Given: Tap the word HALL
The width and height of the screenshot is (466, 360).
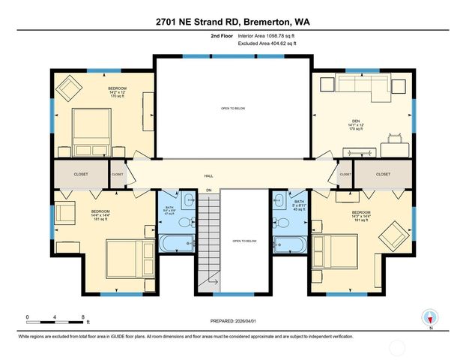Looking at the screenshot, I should coord(209,175).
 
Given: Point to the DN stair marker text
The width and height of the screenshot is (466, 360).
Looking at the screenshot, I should coord(209,190).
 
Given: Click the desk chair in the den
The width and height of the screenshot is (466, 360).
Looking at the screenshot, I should coord(394,138).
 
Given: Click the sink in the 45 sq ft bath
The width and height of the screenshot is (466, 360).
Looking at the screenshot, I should coord(278,199).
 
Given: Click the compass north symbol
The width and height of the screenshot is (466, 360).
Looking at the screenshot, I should coord(429,316).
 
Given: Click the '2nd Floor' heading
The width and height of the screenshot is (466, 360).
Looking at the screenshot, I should coord(222,36).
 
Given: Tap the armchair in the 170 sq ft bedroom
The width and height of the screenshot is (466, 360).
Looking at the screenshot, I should coord(72,89).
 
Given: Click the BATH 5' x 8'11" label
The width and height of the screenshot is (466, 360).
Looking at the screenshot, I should coord(299,203).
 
